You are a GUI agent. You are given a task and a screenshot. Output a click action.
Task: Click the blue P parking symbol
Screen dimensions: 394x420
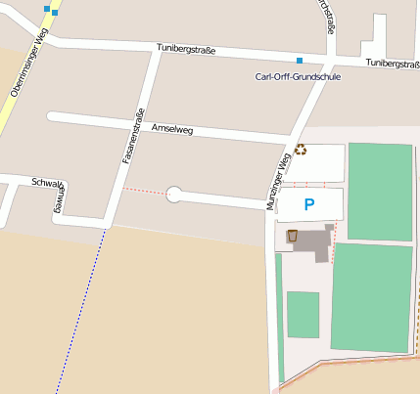[x=309, y=205]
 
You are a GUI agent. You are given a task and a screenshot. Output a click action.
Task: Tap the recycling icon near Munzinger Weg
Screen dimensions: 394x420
[x=300, y=150]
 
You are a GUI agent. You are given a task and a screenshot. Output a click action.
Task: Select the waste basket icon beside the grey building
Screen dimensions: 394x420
[x=292, y=236]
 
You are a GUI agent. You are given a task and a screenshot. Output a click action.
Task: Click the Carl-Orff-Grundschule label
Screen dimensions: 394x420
[x=298, y=76]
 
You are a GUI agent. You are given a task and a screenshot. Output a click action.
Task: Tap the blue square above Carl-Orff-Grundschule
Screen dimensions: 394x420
[x=300, y=61]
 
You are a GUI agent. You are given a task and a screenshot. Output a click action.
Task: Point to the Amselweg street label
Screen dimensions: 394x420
[x=171, y=129]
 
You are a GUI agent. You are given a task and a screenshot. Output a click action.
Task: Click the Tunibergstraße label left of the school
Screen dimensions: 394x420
[x=186, y=49]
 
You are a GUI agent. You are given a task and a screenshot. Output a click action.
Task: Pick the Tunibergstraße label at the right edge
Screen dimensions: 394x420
[x=393, y=63]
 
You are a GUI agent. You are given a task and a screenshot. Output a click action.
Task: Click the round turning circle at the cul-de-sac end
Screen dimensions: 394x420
[x=174, y=194]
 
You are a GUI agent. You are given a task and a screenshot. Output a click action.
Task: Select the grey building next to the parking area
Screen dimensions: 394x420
[x=314, y=241]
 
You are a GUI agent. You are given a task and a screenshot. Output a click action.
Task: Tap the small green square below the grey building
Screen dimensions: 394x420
[x=303, y=314]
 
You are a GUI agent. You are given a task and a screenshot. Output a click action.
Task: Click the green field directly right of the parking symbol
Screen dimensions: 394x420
[x=380, y=192]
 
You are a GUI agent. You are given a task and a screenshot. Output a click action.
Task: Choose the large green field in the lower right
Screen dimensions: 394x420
[x=372, y=297]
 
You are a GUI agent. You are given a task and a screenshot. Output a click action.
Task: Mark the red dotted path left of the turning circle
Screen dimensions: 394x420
[x=144, y=191]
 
